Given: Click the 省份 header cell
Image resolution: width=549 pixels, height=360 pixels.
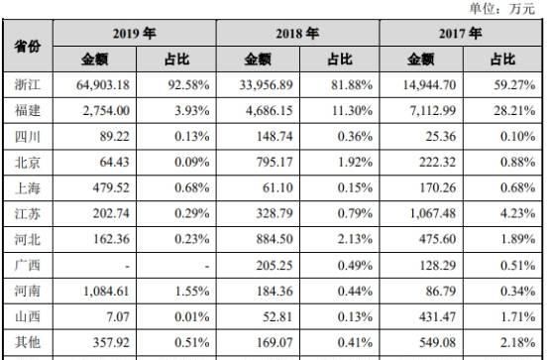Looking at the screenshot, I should point(27,47).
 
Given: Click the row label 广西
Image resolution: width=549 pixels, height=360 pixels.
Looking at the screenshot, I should point(27,265).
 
